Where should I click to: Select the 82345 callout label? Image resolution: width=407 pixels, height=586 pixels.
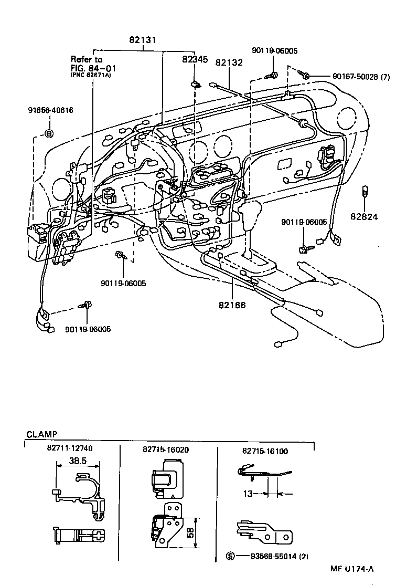(195, 60)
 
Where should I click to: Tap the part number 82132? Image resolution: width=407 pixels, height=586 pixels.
(228, 62)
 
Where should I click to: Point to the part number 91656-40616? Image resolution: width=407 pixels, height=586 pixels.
(50, 110)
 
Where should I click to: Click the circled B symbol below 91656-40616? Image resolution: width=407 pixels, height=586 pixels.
(49, 133)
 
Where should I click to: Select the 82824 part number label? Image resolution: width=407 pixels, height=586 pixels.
(365, 216)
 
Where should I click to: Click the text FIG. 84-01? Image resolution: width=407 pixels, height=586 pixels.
(94, 68)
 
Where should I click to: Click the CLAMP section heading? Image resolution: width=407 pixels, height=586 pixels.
(41, 435)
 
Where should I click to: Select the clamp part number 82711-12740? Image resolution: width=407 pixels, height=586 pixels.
(73, 451)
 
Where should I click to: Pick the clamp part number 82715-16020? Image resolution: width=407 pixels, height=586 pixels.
(166, 451)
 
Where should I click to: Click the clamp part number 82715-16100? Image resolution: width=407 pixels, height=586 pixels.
(265, 451)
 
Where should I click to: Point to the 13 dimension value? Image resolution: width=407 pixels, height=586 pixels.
(248, 494)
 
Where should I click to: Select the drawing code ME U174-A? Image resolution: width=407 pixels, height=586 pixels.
(352, 569)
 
